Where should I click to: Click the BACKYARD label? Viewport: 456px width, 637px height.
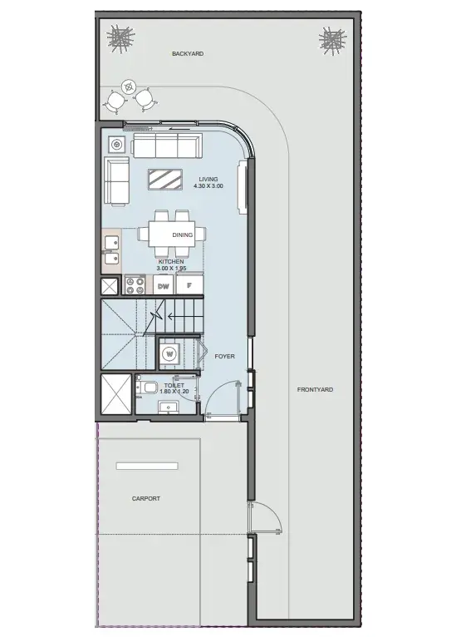188,53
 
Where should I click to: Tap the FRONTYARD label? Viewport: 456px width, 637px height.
316,389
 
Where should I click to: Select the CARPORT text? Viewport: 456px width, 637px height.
146,498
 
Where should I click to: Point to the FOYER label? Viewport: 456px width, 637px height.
225,356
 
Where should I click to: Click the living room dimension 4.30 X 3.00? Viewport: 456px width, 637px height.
208,186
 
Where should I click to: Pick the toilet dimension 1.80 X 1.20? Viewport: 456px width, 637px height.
174,392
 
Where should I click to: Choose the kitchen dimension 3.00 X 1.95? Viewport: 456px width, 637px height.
171,269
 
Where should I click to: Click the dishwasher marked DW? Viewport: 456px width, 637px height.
164,285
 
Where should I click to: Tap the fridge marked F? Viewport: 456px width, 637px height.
189,285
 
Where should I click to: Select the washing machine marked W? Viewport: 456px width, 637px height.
169,354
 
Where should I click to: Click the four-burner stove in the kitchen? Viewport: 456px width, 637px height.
135,284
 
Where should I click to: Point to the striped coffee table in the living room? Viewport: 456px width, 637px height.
164,179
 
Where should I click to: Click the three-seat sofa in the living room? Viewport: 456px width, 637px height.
167,146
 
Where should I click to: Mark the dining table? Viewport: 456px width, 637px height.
171,234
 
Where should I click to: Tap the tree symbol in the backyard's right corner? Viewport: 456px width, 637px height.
333,40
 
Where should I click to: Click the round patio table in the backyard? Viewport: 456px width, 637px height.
129,86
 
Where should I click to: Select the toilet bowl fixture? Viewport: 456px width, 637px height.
148,388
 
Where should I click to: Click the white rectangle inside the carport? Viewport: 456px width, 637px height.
147,466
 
